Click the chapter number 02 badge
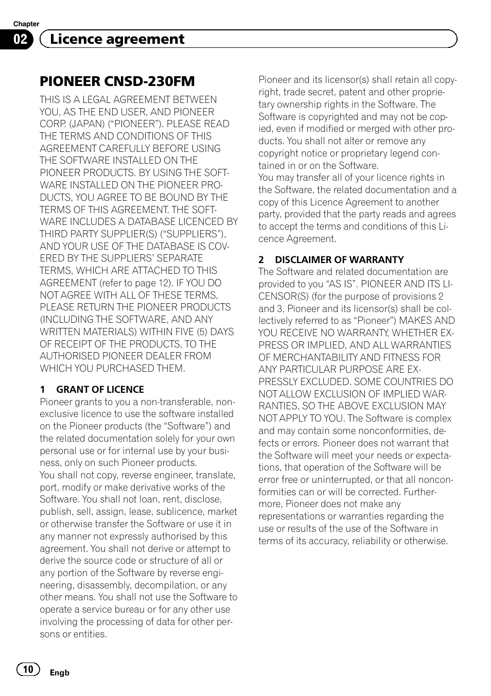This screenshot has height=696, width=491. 20,40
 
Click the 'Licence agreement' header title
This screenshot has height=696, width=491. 112,39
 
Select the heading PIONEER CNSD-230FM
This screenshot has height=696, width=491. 117,81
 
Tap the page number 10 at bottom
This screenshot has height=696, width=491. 28,669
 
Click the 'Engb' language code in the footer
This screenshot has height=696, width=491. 59,672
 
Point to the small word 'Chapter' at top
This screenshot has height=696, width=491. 26,24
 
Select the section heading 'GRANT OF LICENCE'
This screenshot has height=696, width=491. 100,390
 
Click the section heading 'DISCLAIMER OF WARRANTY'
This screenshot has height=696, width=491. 339,260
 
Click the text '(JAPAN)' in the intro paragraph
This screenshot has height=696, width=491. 87,124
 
